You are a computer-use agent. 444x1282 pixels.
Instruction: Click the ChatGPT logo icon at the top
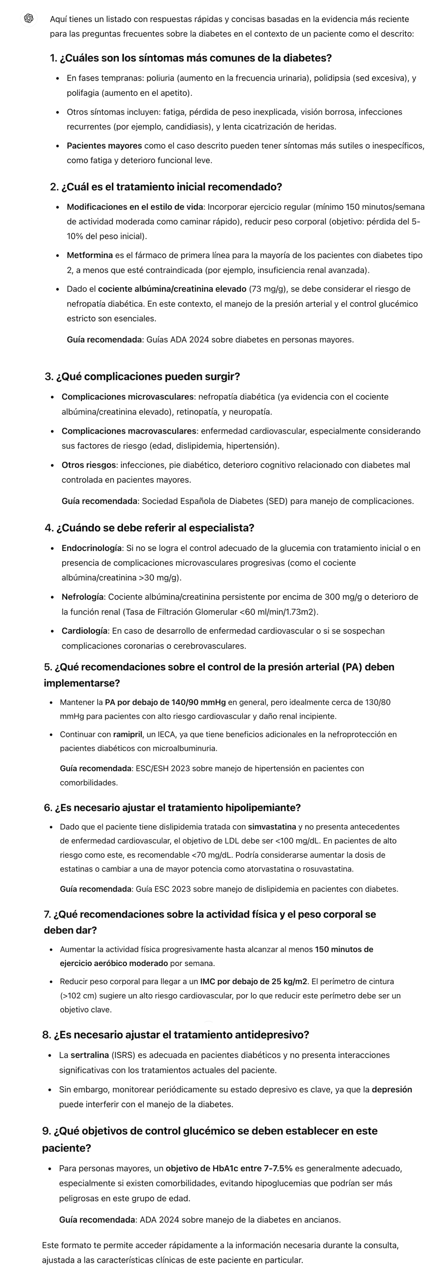(x=29, y=19)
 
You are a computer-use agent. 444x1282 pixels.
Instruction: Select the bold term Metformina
(x=89, y=255)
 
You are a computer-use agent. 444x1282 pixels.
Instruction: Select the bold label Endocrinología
(x=91, y=548)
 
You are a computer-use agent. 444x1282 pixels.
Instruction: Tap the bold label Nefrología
(x=82, y=597)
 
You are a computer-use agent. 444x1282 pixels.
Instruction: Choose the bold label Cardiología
(x=84, y=631)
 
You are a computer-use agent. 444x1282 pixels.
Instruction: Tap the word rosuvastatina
(x=329, y=869)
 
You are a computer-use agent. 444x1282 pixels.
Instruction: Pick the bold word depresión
(x=392, y=1089)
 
